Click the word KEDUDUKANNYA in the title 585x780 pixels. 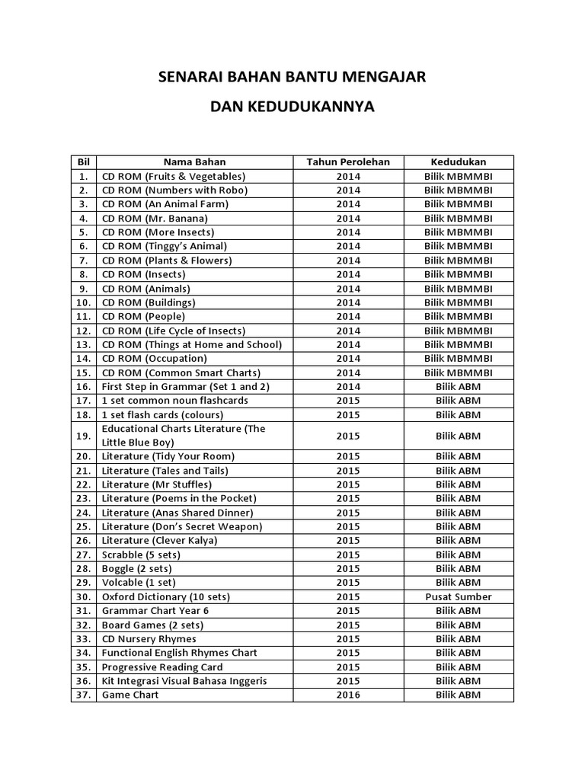(292, 107)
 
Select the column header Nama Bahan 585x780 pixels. (194, 161)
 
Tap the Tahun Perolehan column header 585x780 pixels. (348, 161)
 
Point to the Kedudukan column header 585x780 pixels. (459, 161)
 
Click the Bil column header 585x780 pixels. (84, 161)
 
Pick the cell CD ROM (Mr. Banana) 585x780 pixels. (155, 218)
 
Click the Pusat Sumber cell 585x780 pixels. (459, 596)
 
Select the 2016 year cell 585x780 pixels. (348, 695)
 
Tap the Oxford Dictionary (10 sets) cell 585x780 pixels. (165, 596)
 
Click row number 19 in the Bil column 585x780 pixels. (84, 436)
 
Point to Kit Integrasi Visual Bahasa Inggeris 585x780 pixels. (184, 680)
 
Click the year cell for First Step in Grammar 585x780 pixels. (348, 386)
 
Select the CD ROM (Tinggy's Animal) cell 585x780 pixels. (165, 246)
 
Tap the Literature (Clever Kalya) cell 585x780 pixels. (159, 540)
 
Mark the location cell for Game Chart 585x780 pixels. (459, 695)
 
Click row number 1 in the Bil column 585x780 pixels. (84, 176)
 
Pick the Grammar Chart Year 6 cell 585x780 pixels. (155, 610)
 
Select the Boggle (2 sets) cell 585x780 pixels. (137, 568)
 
